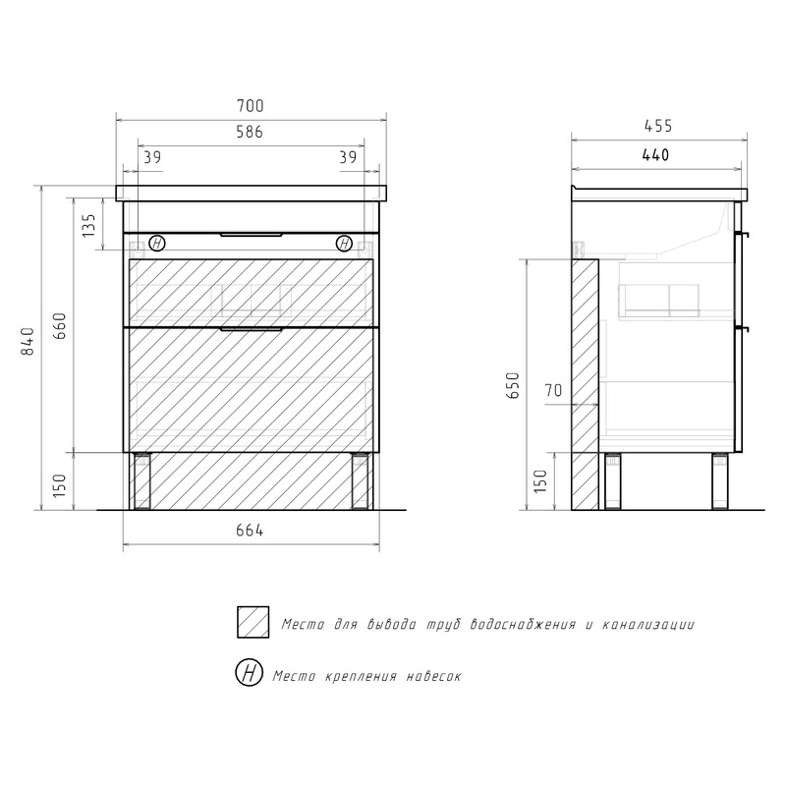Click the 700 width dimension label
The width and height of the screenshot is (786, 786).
coord(251,106)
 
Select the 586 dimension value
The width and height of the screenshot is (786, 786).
coord(250,132)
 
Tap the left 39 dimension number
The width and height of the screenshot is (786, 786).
coord(152,157)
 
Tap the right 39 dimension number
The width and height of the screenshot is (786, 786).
coord(348,157)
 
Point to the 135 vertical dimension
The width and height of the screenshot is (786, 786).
coord(88,226)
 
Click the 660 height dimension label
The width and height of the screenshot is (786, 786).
coord(59,326)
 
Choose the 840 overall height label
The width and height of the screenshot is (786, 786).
coord(28,341)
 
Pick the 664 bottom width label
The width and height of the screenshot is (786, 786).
coord(250,531)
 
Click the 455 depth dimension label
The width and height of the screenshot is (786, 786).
coord(658,126)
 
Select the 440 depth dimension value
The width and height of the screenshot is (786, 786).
coord(655,155)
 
